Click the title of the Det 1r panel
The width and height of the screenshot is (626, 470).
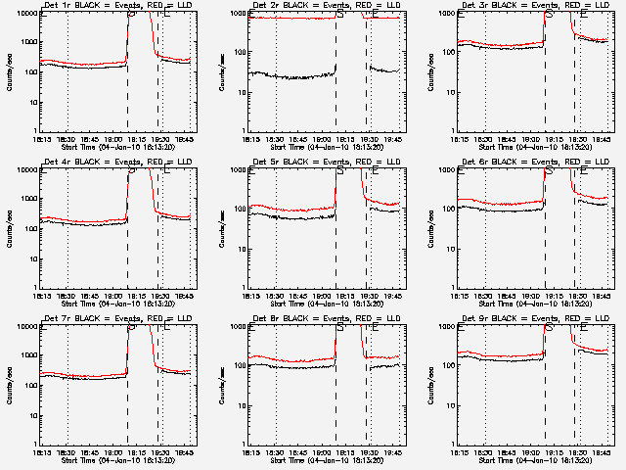(x=115, y=5)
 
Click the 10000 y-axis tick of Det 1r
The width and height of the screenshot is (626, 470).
(x=23, y=14)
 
